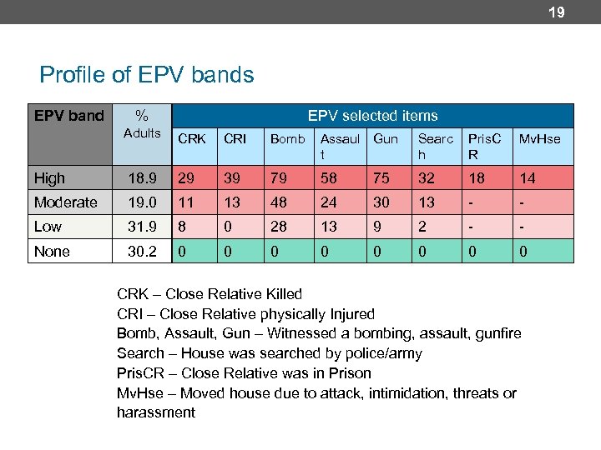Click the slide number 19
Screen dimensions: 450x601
[x=557, y=12]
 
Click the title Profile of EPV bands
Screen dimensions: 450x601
[x=147, y=75]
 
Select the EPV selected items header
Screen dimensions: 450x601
[x=372, y=116]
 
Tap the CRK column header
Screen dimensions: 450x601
[x=192, y=139]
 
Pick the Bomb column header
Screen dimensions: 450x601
[x=287, y=139]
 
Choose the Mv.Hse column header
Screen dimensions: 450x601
[x=539, y=139]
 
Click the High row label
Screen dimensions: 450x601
[x=50, y=178]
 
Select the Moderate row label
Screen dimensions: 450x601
[x=65, y=202]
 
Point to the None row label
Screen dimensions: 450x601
[x=52, y=252]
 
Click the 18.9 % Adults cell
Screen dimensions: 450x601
[x=141, y=178]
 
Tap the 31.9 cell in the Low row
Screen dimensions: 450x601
[x=141, y=227]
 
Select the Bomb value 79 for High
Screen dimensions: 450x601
[x=278, y=178]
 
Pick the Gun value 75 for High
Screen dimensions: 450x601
[x=381, y=178]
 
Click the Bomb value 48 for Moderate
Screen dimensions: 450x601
[x=278, y=202]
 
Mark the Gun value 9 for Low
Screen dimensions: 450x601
[x=377, y=227]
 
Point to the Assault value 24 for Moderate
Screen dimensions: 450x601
[x=330, y=202]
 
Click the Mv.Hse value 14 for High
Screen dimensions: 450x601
[x=527, y=178]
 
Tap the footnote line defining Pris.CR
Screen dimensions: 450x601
[x=244, y=373]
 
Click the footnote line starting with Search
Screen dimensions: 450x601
[x=269, y=353]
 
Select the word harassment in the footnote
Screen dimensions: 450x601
[x=156, y=412]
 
